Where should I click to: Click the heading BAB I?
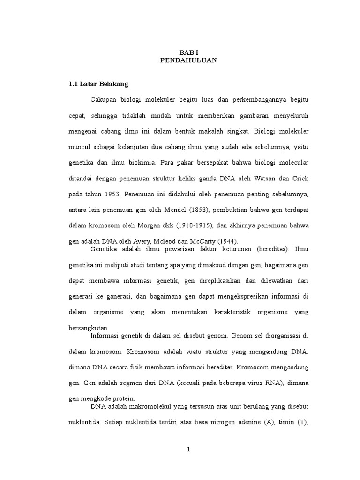point(188,53)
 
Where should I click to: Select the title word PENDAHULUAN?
point(188,60)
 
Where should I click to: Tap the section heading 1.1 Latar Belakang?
point(98,84)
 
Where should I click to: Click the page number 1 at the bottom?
point(188,450)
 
